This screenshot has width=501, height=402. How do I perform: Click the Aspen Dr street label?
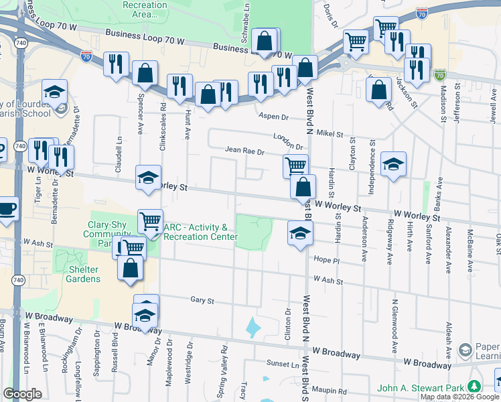[x=273, y=117]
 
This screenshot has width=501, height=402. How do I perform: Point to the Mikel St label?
[x=330, y=133]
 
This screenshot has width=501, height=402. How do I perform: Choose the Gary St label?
[x=201, y=301]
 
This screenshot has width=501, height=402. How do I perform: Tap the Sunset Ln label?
[x=284, y=364]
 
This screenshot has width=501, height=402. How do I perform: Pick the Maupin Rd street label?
[x=333, y=391]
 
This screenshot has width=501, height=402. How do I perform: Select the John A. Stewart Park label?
[x=421, y=387]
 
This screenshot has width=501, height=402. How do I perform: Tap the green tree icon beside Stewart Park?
[x=474, y=387]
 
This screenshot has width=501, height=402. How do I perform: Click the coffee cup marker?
[x=7, y=208]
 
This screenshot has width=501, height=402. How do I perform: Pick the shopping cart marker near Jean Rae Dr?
[x=295, y=165]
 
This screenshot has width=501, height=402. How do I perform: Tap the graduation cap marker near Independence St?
[x=393, y=163]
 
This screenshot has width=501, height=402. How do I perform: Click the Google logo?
[x=22, y=394]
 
